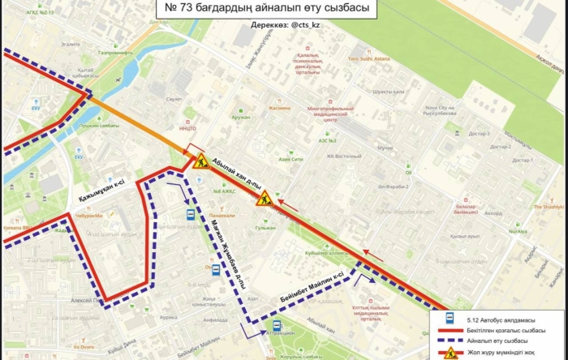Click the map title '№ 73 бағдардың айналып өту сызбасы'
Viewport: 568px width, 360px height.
[x=261, y=10]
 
